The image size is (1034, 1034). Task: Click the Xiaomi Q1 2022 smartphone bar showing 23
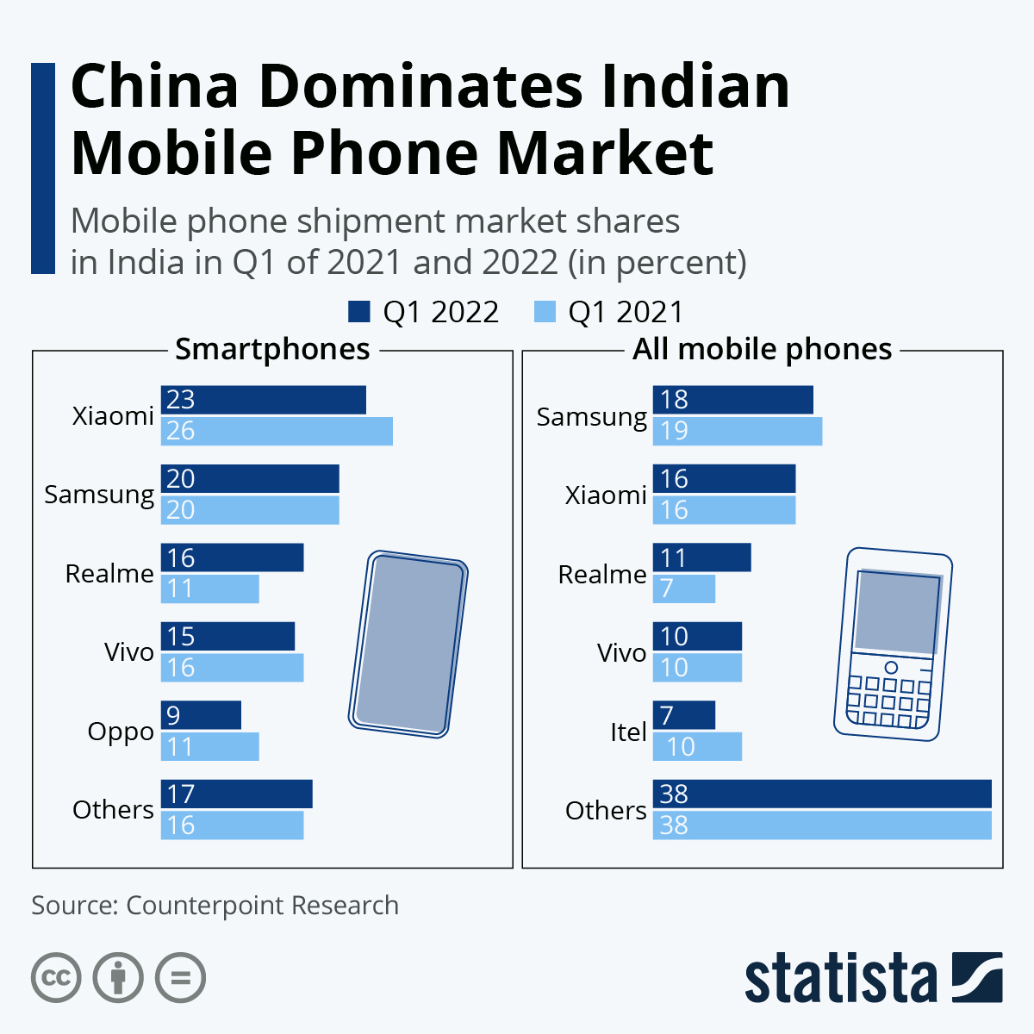pyautogui.click(x=264, y=400)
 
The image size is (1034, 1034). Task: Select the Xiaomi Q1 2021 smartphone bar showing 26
pyautogui.click(x=277, y=431)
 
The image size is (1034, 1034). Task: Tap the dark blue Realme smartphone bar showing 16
pyautogui.click(x=233, y=557)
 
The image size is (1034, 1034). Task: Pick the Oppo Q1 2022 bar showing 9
pyautogui.click(x=201, y=715)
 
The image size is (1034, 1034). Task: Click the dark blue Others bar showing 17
pyautogui.click(x=237, y=794)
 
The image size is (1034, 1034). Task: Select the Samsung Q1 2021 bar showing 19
pyautogui.click(x=738, y=431)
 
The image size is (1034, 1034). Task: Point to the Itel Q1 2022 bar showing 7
pyautogui.click(x=684, y=715)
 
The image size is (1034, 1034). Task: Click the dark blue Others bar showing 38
pyautogui.click(x=822, y=794)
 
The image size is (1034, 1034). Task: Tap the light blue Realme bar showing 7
pyautogui.click(x=684, y=589)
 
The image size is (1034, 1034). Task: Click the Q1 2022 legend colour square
pyautogui.click(x=359, y=312)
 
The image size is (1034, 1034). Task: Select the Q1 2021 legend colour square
pyautogui.click(x=545, y=312)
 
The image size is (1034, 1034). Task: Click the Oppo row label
pyautogui.click(x=121, y=732)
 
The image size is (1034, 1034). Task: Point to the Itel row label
pyautogui.click(x=628, y=732)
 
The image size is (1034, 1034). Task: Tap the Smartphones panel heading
pyautogui.click(x=272, y=349)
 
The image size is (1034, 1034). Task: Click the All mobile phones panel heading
pyautogui.click(x=762, y=349)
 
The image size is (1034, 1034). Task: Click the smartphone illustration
pyautogui.click(x=408, y=644)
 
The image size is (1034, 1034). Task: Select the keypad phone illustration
pyautogui.click(x=893, y=644)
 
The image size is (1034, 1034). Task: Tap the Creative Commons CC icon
pyautogui.click(x=56, y=978)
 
